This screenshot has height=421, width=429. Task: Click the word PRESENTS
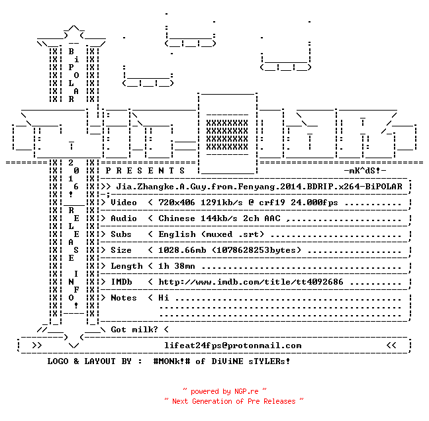[x=145, y=171]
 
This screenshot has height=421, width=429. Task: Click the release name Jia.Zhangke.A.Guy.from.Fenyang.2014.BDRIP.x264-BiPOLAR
[x=259, y=187]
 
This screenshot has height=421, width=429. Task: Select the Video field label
[x=124, y=203]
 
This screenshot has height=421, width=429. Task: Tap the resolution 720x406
[x=177, y=203]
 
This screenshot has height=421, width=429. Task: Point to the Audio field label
[x=124, y=218]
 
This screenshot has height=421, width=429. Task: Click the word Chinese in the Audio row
[x=177, y=218]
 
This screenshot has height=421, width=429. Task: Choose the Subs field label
[x=121, y=234]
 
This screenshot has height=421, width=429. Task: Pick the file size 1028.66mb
[x=182, y=250]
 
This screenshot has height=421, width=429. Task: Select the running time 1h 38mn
[x=177, y=266]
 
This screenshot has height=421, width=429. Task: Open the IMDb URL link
[x=251, y=282]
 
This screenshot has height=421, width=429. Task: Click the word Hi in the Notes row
[x=164, y=298]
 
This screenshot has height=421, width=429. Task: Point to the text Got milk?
[x=134, y=330]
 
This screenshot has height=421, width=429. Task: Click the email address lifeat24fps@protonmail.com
[x=233, y=346]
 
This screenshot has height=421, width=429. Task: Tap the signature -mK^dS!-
[x=365, y=171]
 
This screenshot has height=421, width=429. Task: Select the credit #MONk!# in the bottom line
[x=171, y=361]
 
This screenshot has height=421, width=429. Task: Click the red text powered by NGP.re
[x=224, y=391]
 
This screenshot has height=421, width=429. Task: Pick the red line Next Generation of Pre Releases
[x=234, y=401]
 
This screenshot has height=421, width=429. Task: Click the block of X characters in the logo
[x=227, y=135]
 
